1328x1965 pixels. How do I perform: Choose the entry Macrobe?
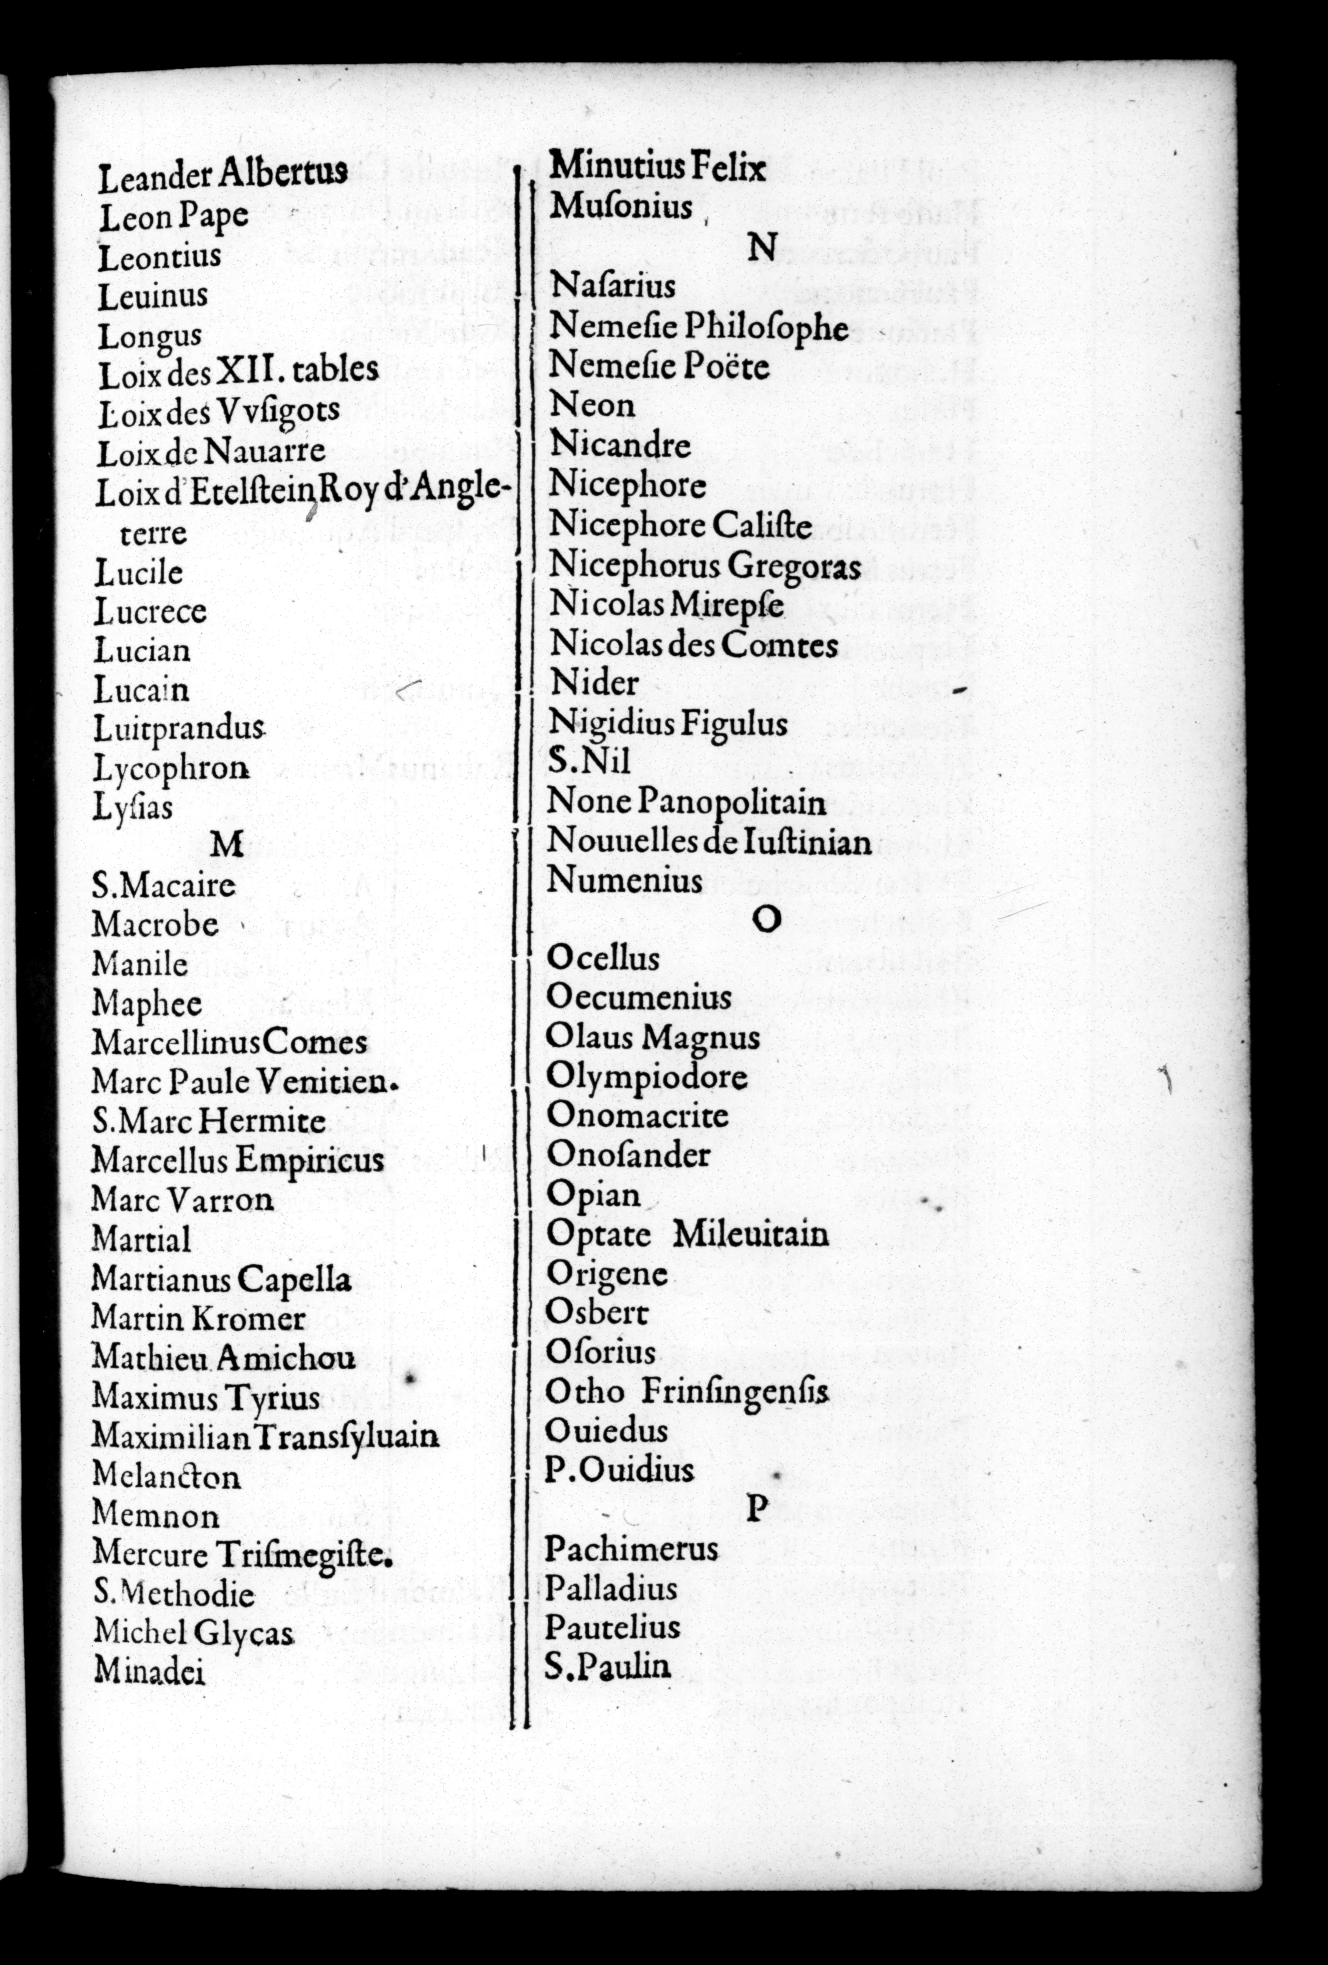155,923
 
